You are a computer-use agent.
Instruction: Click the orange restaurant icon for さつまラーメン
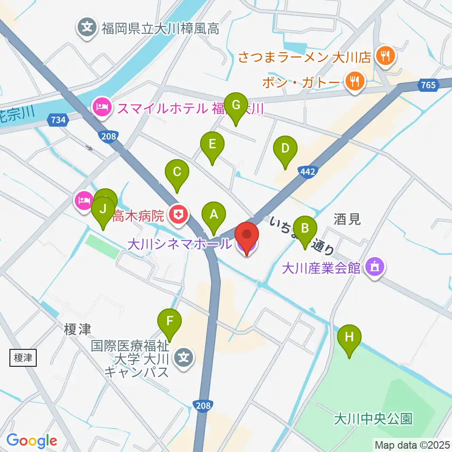385,57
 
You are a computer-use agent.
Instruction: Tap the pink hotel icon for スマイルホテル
102,106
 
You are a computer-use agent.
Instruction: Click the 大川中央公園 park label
373,419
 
